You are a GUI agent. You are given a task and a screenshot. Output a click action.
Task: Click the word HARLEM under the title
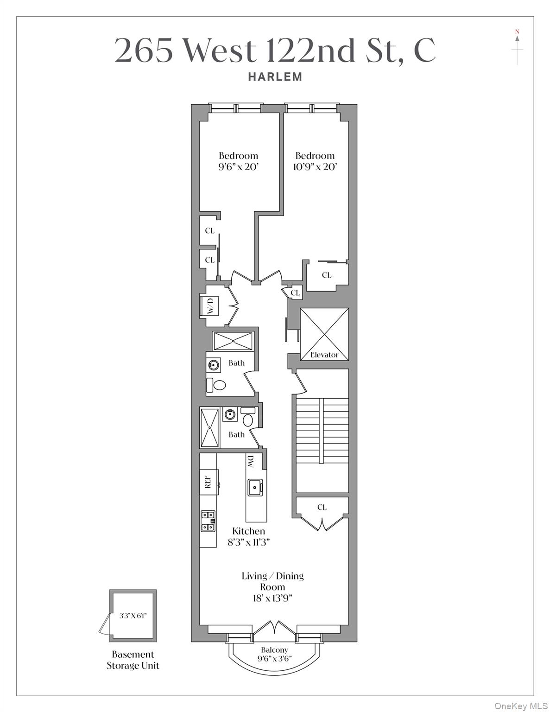click(x=275, y=77)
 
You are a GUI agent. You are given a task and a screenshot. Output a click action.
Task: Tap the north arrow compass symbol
click(x=517, y=46)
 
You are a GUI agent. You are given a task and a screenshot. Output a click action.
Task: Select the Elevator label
click(x=324, y=355)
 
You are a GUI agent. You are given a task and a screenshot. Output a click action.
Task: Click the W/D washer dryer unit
click(x=209, y=305)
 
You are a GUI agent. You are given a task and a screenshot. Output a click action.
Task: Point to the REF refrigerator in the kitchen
click(x=209, y=482)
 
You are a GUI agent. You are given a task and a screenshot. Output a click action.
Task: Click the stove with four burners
click(x=208, y=521)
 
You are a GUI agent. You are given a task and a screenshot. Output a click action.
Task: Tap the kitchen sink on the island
click(x=254, y=487)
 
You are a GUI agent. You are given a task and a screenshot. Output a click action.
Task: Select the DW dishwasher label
click(x=251, y=461)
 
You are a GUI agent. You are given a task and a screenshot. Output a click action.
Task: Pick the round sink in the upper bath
click(x=214, y=365)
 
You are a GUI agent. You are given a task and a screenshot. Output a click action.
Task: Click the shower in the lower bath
click(x=210, y=427)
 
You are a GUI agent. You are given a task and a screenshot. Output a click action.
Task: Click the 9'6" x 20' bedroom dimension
click(x=238, y=166)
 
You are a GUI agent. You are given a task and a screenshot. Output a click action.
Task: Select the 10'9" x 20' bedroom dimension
click(x=315, y=166)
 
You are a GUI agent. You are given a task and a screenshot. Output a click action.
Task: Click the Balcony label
click(x=274, y=650)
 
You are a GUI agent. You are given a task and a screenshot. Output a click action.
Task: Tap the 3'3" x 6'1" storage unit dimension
click(x=133, y=616)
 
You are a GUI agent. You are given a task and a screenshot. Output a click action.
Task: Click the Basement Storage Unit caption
click(x=133, y=660)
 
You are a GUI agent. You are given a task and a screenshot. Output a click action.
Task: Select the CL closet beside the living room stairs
click(x=322, y=507)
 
